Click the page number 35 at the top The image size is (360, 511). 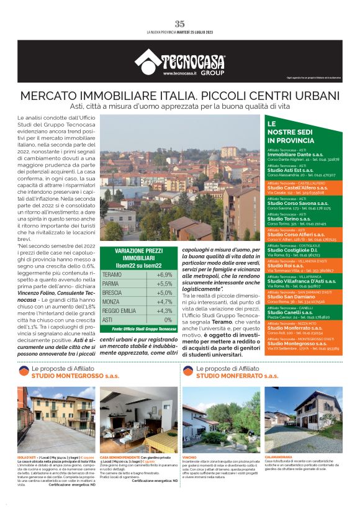tap(179, 24)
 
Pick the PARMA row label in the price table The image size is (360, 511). tap(112, 283)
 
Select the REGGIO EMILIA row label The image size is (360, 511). tap(120, 310)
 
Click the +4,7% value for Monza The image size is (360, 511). tap(164, 302)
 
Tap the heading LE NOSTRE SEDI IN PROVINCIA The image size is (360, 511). tap(290, 132)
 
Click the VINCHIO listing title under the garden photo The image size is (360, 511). tap(190, 457)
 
